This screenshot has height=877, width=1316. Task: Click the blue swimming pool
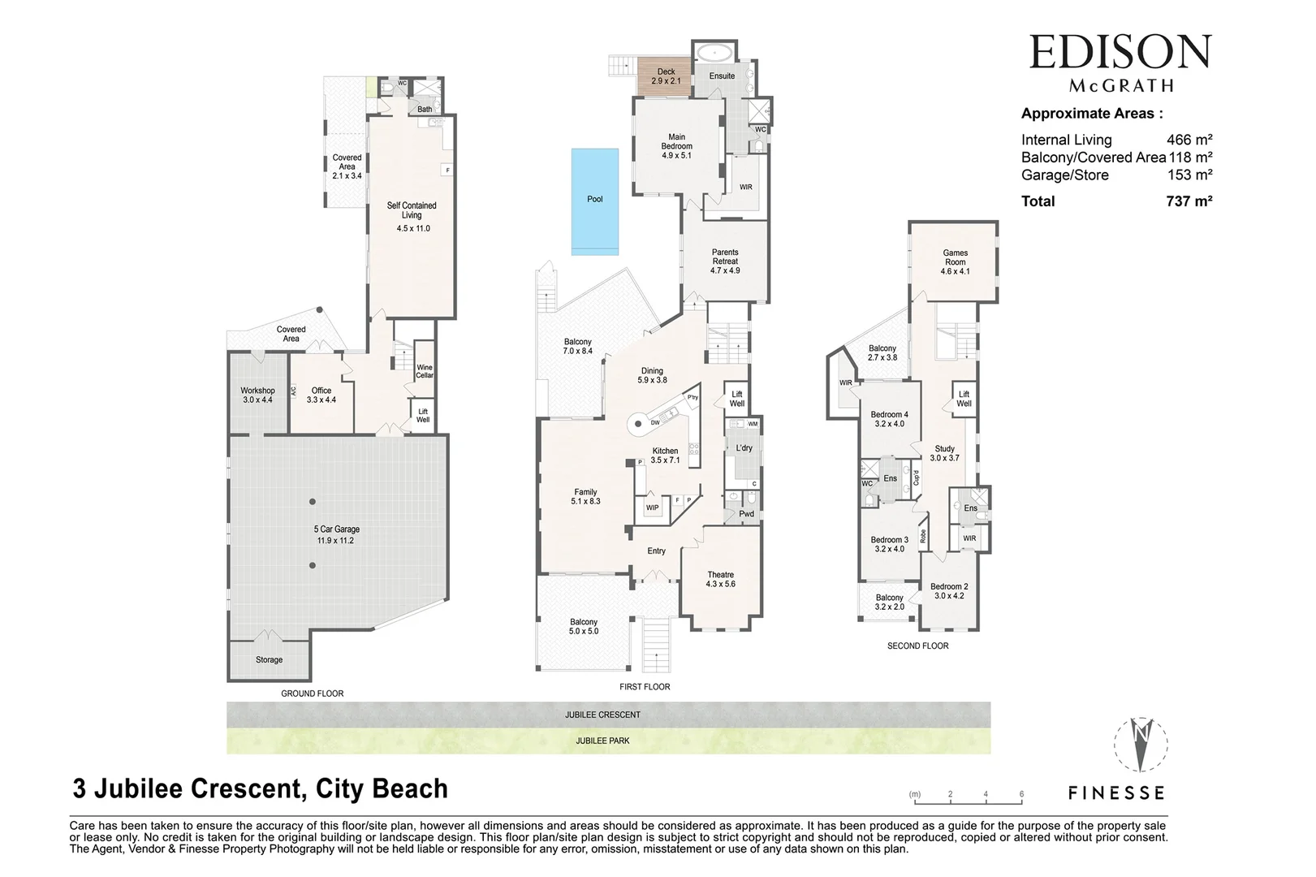click(594, 201)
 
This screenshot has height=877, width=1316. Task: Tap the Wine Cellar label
click(424, 371)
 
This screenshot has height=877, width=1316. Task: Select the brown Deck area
click(664, 76)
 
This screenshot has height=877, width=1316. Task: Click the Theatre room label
click(720, 579)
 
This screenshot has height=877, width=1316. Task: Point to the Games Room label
click(955, 261)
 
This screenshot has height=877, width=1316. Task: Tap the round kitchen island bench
click(639, 423)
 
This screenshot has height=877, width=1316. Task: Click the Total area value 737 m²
click(1189, 201)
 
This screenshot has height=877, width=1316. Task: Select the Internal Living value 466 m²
click(1189, 140)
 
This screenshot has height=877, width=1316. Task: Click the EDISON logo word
click(1120, 53)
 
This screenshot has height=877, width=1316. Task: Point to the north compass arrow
click(1141, 743)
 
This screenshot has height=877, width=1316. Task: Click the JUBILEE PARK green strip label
click(602, 741)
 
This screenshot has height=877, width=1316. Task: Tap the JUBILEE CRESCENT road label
click(602, 715)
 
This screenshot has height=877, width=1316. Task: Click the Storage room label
click(269, 660)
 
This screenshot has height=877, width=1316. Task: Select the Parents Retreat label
click(725, 261)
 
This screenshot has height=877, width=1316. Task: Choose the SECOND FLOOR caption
click(917, 646)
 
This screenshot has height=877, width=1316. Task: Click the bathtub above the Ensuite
click(715, 53)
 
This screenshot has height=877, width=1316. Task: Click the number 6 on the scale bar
click(1021, 794)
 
